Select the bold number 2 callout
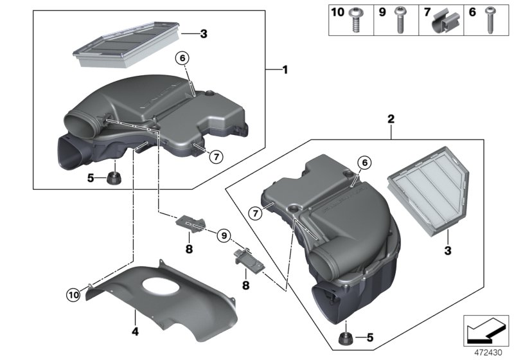click(x=390, y=119)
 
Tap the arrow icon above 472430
click(x=486, y=330)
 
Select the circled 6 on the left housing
click(x=182, y=59)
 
